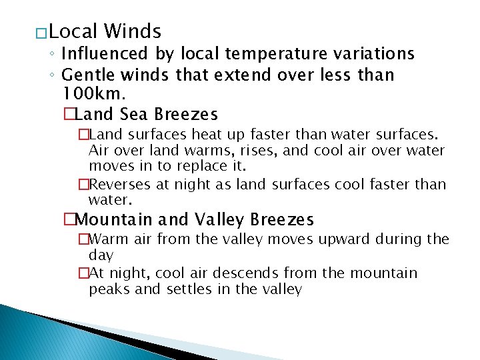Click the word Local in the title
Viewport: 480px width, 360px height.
(73, 31)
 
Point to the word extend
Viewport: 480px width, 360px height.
(205, 75)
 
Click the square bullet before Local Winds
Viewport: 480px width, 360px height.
(41, 33)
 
